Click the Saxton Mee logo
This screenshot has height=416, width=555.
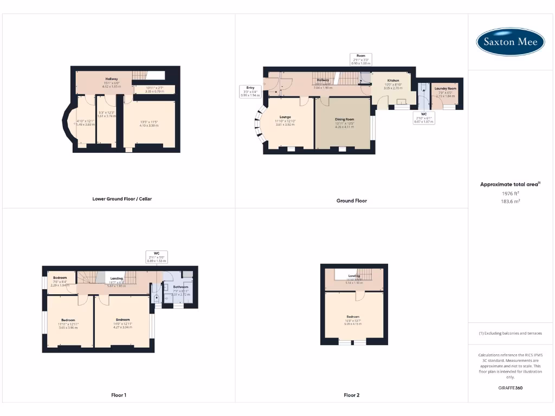coord(511,42)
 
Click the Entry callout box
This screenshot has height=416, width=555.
coord(250,91)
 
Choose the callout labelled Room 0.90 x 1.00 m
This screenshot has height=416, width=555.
coord(360,60)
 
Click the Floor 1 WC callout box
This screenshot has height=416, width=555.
coord(156,257)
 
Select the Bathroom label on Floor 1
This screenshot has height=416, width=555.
coord(180,291)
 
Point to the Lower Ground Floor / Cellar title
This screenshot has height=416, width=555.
coord(122,199)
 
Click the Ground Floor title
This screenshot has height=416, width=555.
coord(351,200)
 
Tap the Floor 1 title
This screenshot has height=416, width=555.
coord(119,395)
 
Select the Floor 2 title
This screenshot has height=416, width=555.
coord(351,395)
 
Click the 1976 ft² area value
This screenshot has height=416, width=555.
coord(510,193)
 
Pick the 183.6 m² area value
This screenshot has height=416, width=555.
coord(510,200)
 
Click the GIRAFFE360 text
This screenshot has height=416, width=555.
coord(510,388)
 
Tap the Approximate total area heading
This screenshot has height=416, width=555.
coord(510,185)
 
